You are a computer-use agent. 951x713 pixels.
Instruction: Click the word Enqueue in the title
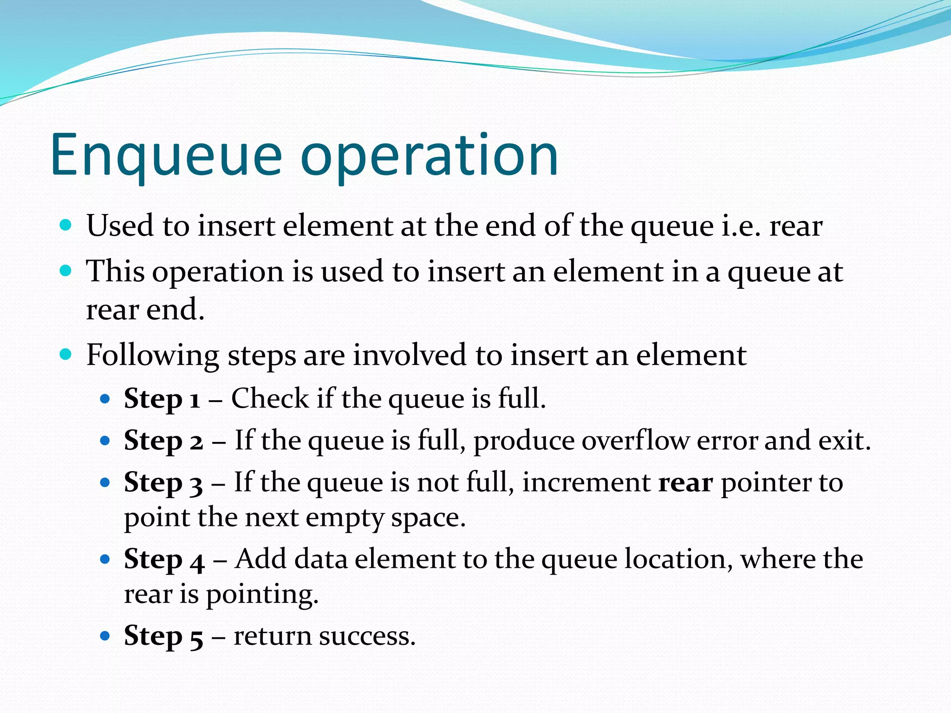[x=166, y=156]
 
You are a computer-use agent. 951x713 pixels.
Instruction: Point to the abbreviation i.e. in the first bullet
[x=741, y=226]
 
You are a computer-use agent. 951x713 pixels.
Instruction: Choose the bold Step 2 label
[x=163, y=441]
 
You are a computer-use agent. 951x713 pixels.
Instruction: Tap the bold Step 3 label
[x=163, y=483]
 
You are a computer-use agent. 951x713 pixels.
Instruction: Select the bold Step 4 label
[x=164, y=560]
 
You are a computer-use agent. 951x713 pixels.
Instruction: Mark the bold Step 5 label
[x=163, y=636]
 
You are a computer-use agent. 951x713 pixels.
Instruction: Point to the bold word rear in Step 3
[x=685, y=483]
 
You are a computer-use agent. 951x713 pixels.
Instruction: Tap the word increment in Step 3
[x=586, y=483]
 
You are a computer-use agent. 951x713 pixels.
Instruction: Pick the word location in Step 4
[x=678, y=560]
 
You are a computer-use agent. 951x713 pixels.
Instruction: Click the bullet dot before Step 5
[x=105, y=635]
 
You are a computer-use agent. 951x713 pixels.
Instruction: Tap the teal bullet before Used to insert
[x=66, y=226]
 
